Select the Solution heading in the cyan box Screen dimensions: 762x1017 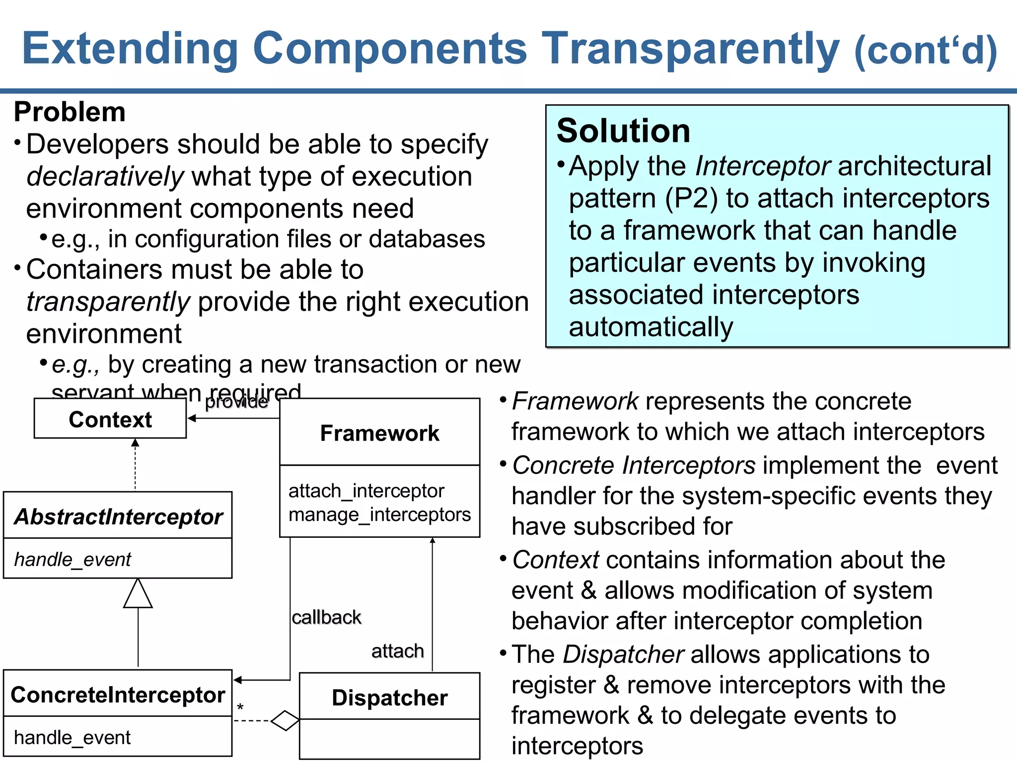623,131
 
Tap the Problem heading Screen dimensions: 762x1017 70,112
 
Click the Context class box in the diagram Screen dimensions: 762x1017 110,420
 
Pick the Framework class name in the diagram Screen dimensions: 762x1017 379,433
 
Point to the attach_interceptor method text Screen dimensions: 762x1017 366,491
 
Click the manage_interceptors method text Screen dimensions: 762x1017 379,514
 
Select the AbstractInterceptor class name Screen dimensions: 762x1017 118,516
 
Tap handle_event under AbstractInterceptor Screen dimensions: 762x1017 73,559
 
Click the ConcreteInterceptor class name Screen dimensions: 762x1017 118,695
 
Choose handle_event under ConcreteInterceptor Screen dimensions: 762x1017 73,737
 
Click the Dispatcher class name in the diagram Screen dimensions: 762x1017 389,698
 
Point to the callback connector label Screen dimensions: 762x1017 326,618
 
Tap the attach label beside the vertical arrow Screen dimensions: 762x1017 397,651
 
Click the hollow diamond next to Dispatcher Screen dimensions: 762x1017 286,721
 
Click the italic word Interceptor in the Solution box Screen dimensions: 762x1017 763,166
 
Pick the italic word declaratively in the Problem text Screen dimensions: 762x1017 105,177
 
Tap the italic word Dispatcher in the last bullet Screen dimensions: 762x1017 624,654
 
